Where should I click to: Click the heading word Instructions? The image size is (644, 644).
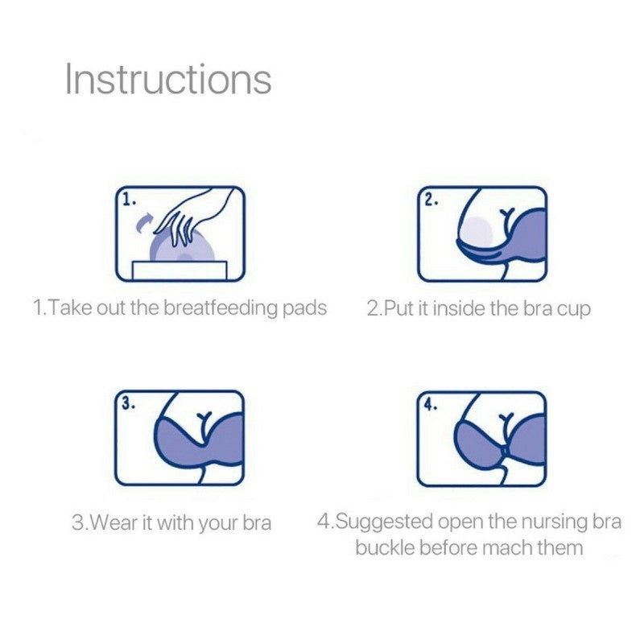(x=168, y=80)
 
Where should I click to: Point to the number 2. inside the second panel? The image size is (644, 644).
(x=431, y=200)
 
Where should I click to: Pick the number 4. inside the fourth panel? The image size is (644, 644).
(x=431, y=404)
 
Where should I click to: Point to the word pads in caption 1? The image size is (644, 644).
(x=307, y=308)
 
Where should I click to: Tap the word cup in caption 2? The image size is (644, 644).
(x=574, y=308)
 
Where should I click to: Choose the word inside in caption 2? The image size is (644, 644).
(x=457, y=308)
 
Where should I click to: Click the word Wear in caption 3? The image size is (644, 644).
(x=111, y=522)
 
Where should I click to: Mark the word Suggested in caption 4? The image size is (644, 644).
(x=383, y=522)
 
